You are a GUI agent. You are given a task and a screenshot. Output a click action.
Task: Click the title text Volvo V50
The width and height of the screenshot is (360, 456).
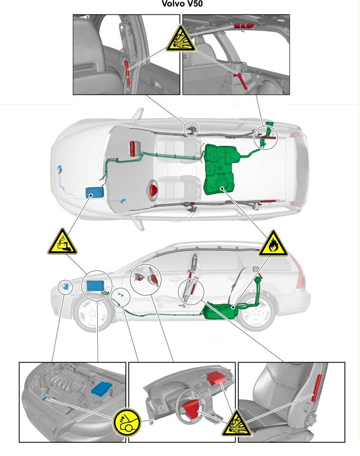(182, 4)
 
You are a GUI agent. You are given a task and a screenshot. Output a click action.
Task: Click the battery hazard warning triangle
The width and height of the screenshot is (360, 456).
(62, 242)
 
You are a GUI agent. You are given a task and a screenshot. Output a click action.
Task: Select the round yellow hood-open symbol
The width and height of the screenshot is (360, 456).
(126, 423)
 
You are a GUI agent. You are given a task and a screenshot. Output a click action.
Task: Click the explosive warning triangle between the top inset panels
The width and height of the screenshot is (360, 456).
(181, 39)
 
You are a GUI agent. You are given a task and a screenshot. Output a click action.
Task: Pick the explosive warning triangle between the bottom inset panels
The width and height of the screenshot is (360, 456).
(237, 424)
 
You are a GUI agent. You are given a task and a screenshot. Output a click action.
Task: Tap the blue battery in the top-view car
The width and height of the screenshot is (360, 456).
(95, 192)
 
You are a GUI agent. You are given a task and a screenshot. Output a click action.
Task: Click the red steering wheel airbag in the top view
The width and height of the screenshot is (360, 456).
(153, 189)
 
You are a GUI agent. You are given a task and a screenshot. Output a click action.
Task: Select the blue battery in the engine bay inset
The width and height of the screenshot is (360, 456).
(101, 388)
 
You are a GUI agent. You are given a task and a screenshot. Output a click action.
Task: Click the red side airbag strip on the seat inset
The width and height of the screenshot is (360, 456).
(316, 388)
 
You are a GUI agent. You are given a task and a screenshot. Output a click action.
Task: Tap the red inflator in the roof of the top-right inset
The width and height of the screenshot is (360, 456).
(243, 26)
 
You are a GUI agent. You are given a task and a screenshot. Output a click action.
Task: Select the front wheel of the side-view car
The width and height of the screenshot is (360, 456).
(94, 313)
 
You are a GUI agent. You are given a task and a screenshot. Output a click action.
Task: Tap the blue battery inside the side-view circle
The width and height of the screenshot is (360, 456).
(95, 286)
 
